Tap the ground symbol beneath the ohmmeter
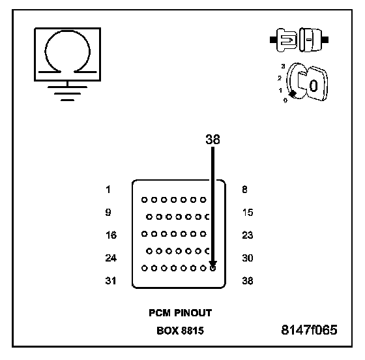click(67, 93)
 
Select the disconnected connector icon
click(299, 40)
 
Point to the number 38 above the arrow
click(212, 140)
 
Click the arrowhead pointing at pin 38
click(212, 264)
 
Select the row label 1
click(108, 189)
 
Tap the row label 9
click(108, 212)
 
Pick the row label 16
click(111, 235)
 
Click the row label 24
click(111, 258)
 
